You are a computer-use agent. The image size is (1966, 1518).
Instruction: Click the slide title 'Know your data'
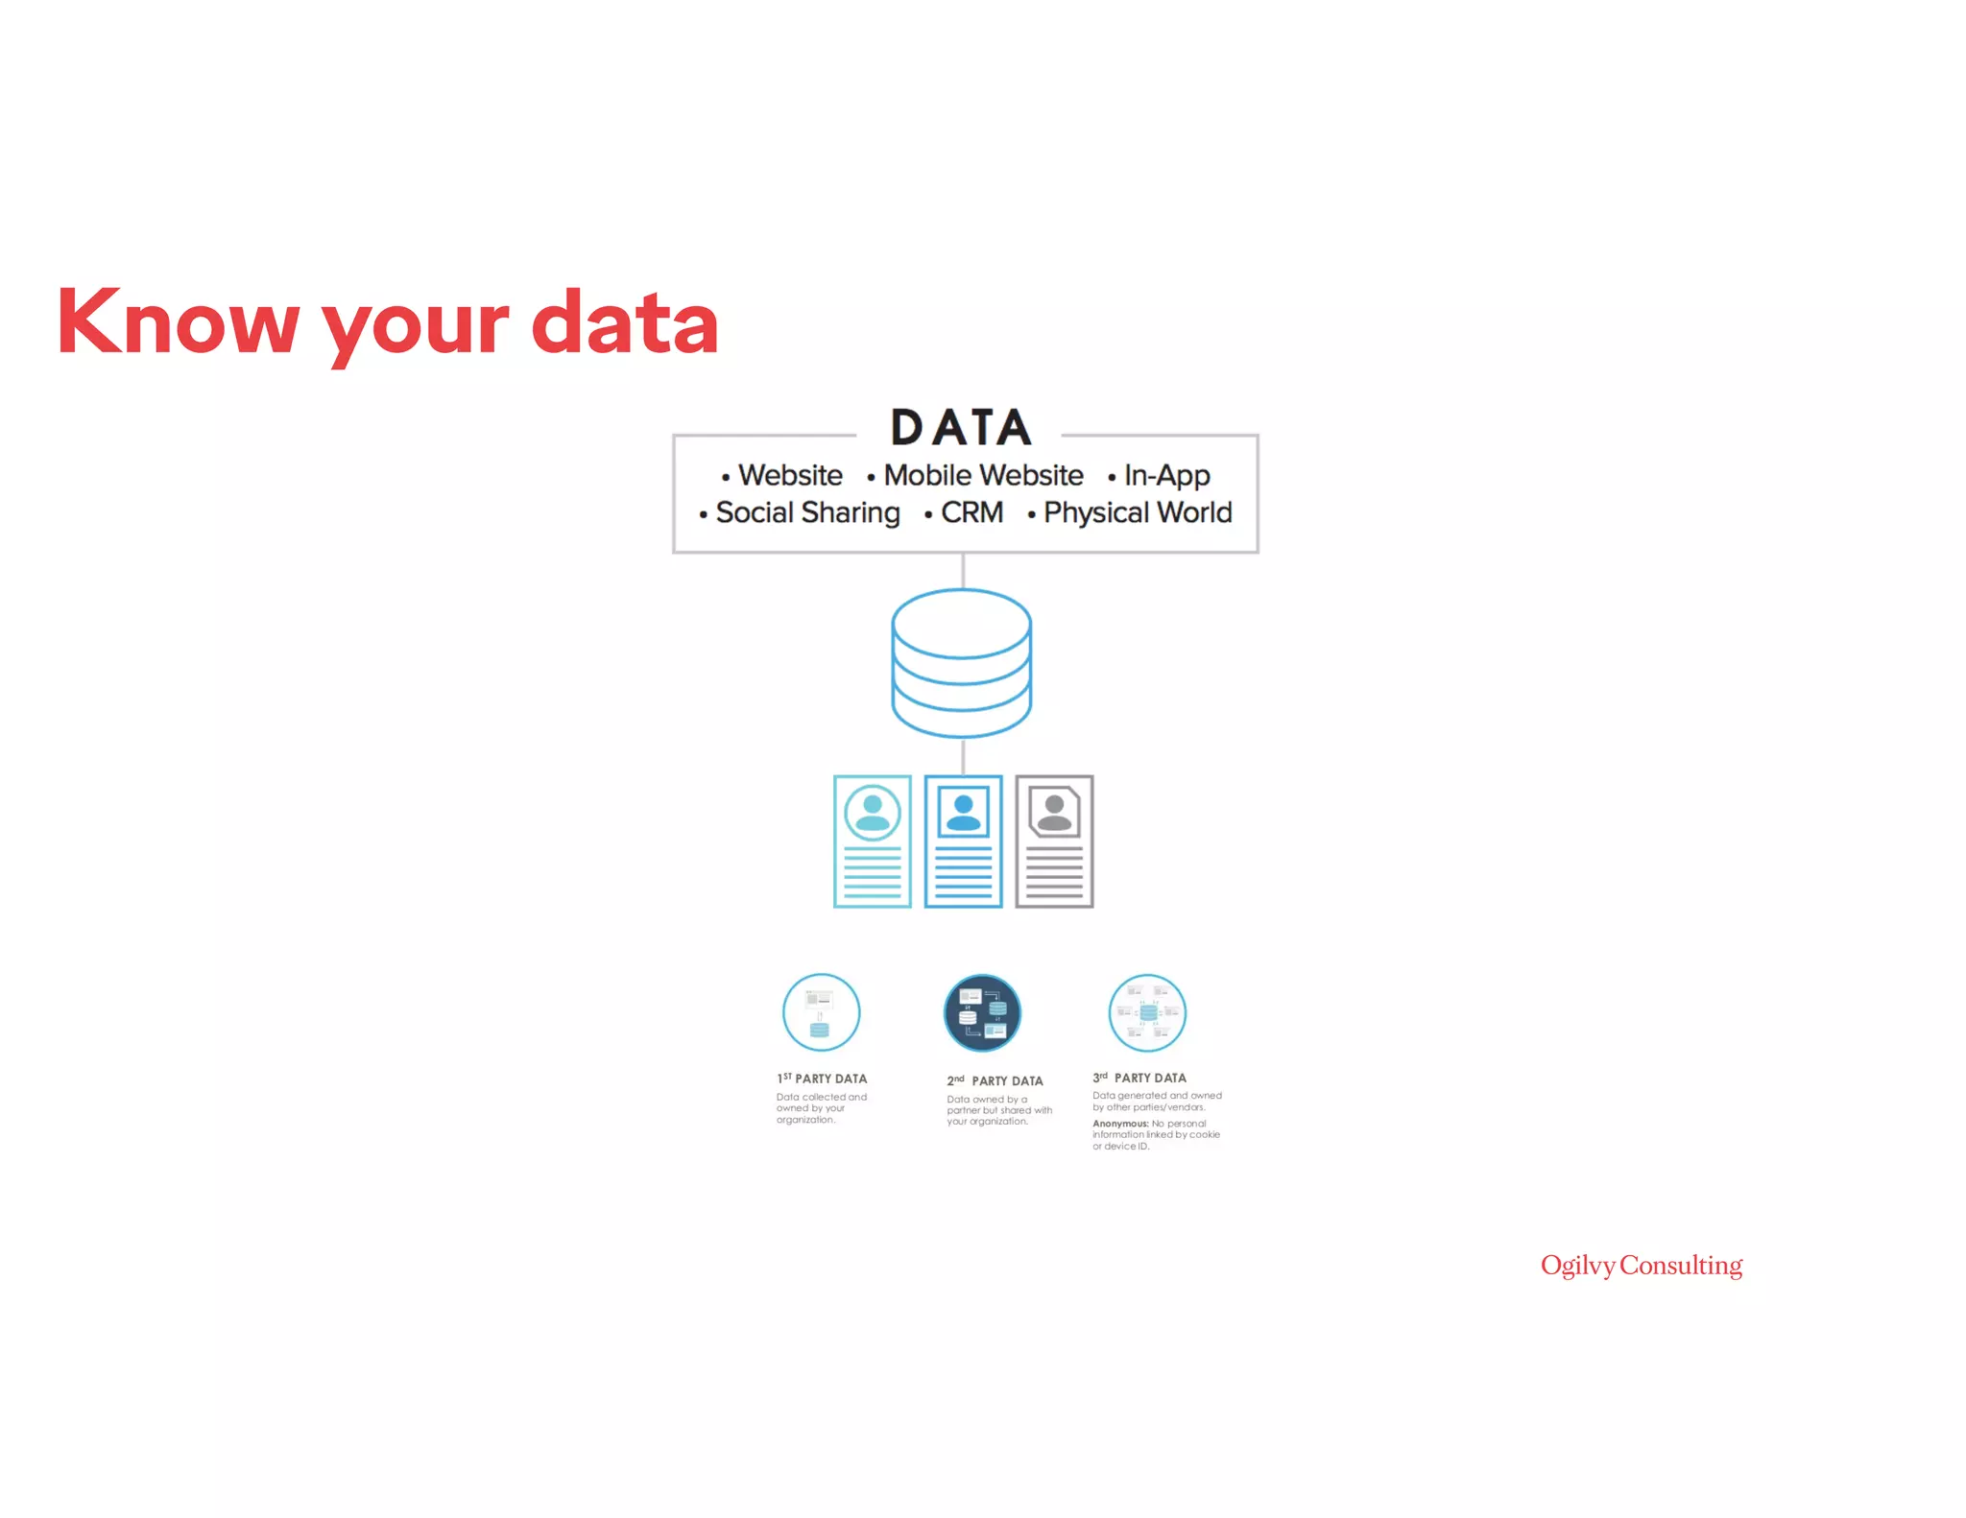[x=387, y=321]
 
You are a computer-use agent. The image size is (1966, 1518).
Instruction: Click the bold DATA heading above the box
[x=961, y=427]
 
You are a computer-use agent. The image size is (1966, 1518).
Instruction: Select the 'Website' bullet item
[x=789, y=475]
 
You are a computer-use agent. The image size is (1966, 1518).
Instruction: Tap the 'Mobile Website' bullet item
[x=983, y=475]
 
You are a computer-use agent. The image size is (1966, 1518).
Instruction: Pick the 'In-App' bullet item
[x=1166, y=475]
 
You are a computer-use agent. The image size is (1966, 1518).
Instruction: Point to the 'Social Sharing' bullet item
[x=807, y=512]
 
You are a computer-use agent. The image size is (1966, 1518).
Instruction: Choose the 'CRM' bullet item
[x=971, y=512]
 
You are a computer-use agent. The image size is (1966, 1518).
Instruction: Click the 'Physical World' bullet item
[x=1138, y=512]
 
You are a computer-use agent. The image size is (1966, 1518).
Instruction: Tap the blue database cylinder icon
[x=962, y=662]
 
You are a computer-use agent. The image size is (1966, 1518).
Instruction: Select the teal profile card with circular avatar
[x=872, y=841]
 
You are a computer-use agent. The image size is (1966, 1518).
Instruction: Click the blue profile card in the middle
[x=963, y=841]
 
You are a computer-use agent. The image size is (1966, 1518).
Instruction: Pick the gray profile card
[x=1054, y=841]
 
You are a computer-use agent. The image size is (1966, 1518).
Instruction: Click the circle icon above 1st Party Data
[x=821, y=1012]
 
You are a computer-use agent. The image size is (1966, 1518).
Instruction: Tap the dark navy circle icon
[x=982, y=1012]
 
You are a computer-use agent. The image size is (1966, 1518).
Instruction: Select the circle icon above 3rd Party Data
[x=1147, y=1012]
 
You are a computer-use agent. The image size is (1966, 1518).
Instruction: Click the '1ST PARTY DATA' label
[x=822, y=1079]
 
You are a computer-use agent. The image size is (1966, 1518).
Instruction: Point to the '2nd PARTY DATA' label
[x=995, y=1080]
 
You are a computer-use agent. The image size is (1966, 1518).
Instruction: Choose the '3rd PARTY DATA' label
[x=1139, y=1078]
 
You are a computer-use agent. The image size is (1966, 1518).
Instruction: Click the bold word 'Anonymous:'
[x=1120, y=1124]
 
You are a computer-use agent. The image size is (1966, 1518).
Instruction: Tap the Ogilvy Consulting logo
[x=1642, y=1266]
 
